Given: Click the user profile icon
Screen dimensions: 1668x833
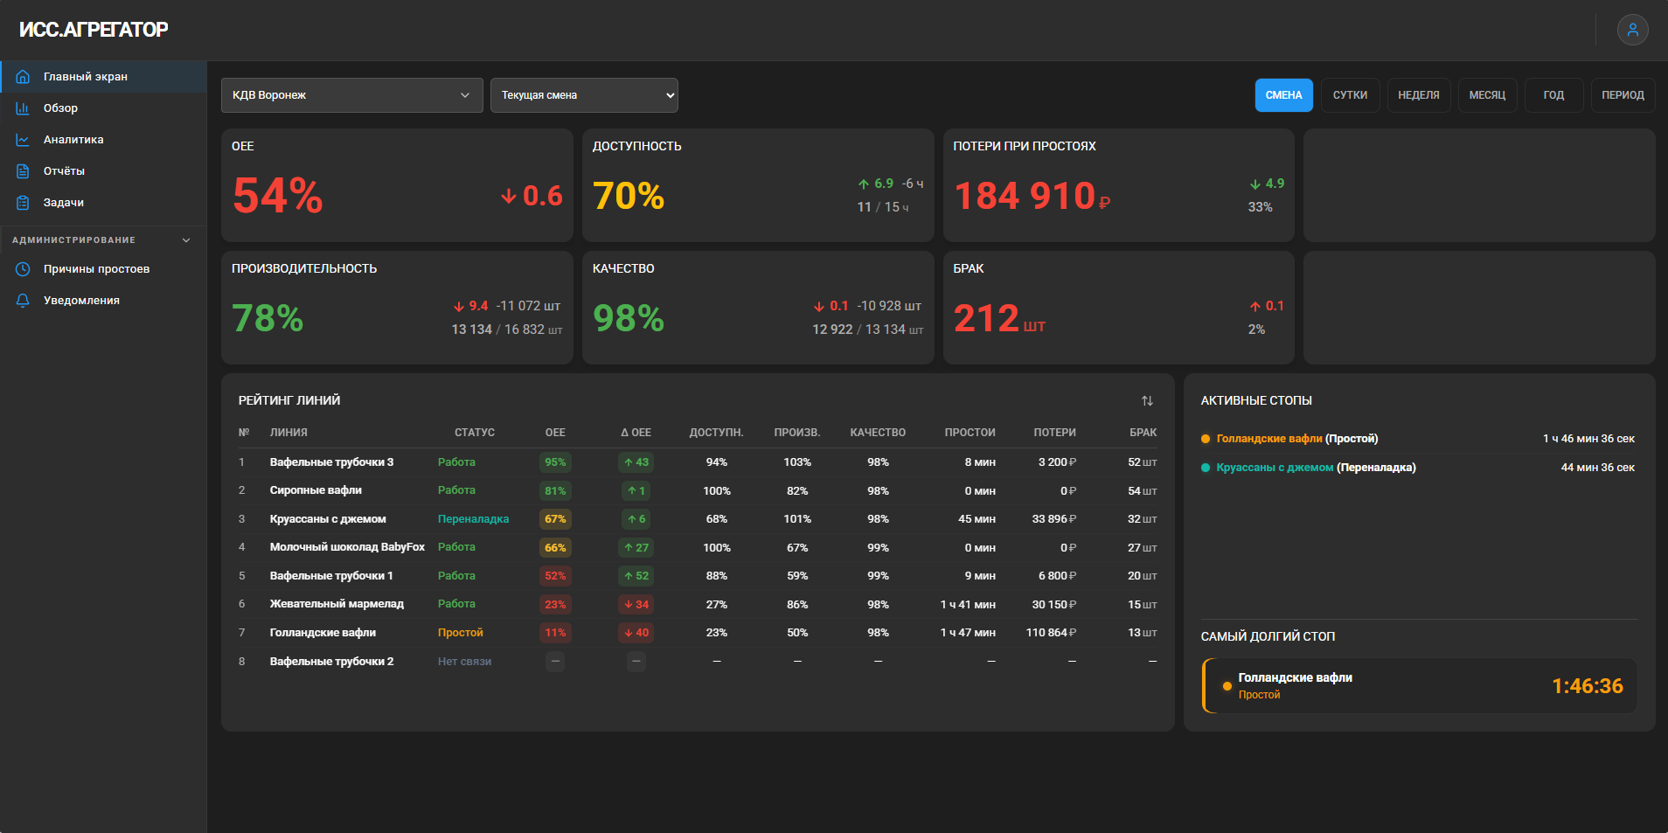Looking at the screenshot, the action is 1632,30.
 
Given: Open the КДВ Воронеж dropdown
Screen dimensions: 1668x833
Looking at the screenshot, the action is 351,95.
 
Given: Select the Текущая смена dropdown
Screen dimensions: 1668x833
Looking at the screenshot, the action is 584,95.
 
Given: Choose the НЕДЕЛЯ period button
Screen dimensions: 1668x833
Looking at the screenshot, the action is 1418,95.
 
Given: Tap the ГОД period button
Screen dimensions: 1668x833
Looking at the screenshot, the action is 1553,95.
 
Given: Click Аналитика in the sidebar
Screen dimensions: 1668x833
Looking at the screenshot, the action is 73,140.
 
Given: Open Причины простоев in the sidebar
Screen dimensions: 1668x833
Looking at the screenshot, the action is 96,269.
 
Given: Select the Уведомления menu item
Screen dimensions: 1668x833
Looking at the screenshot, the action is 81,301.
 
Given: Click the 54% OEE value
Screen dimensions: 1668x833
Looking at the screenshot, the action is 278,195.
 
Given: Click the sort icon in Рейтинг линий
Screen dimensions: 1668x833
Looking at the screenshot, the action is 1147,400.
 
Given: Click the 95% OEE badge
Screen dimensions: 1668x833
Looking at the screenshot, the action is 555,462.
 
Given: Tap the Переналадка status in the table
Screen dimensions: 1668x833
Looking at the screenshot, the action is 473,519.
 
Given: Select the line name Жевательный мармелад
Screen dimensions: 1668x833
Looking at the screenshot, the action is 337,604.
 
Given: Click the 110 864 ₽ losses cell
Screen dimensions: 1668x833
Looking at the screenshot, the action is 1051,633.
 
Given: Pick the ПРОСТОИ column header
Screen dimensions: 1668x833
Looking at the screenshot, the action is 970,433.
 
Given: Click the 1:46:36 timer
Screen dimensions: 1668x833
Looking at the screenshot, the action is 1588,686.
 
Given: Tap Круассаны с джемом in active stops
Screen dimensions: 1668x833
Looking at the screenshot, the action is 1275,468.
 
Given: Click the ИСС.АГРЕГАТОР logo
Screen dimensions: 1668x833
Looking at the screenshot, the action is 94,30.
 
